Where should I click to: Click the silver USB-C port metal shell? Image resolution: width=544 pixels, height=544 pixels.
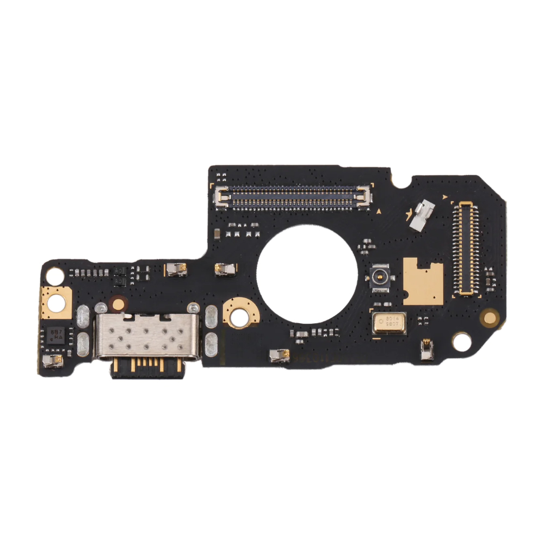coord(147,336)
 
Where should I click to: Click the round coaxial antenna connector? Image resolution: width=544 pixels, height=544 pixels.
coord(379,277)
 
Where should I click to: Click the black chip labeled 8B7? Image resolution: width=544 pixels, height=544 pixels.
coord(57,333)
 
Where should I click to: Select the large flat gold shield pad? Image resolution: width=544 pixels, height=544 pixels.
coord(423,281)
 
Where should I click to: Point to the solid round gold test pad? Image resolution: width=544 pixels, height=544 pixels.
coord(490,316)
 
